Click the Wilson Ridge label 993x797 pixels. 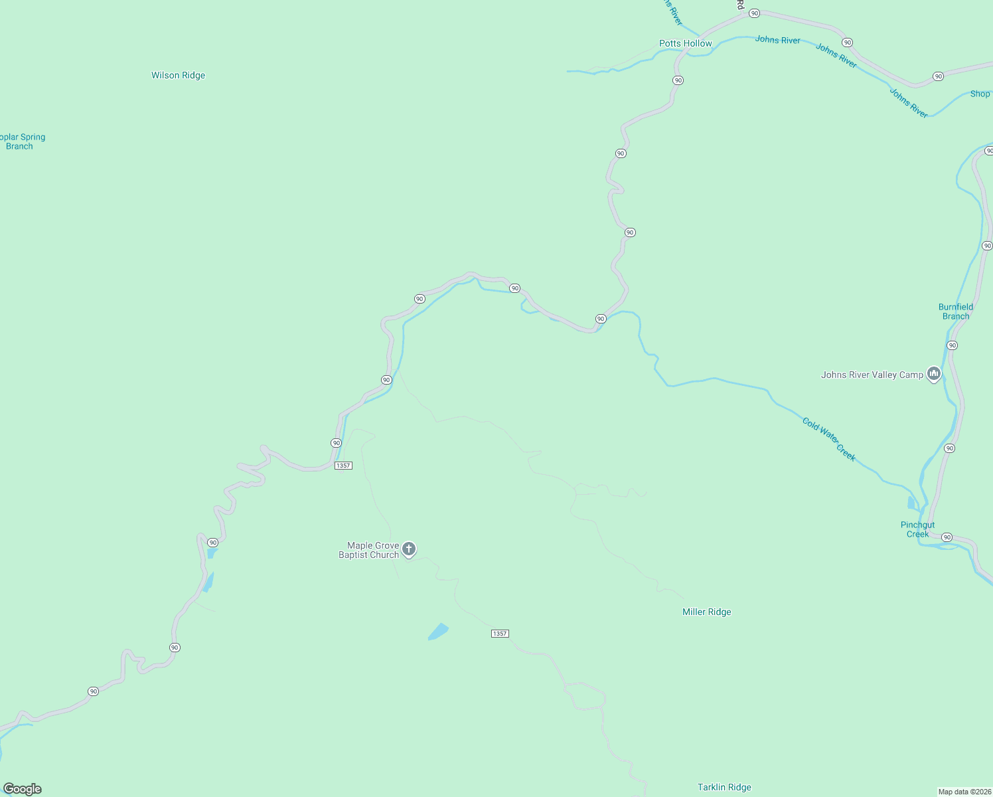click(178, 75)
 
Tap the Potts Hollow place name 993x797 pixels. click(685, 43)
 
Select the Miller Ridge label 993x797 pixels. click(706, 612)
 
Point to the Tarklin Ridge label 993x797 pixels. click(724, 787)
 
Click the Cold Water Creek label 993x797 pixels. click(828, 439)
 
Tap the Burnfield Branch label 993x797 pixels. click(955, 311)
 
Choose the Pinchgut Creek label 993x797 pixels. click(917, 529)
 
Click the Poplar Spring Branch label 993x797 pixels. click(22, 141)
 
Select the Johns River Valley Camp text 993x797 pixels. click(872, 375)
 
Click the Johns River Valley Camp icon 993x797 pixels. click(934, 375)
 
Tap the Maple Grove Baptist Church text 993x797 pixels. click(369, 550)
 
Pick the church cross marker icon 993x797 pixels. click(409, 549)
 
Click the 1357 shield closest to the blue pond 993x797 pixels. click(500, 634)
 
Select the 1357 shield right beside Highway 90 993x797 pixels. click(343, 466)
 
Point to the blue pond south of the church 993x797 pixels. click(438, 631)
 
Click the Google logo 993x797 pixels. click(23, 788)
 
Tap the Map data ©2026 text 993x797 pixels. click(964, 792)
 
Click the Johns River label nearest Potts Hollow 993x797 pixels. click(777, 40)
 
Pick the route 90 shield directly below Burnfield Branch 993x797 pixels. click(952, 345)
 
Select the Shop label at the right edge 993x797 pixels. click(980, 94)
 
